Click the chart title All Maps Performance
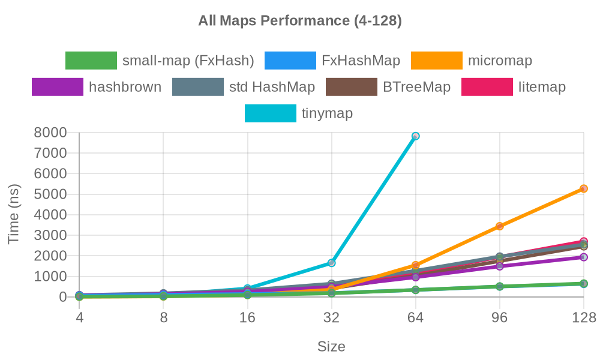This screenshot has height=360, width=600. click(x=300, y=21)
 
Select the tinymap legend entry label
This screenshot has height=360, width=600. click(x=327, y=113)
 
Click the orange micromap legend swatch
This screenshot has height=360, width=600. click(x=436, y=61)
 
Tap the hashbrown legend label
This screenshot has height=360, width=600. click(x=125, y=87)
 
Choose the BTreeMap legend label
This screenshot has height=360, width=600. click(x=416, y=87)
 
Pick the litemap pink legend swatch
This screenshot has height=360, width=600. click(x=487, y=87)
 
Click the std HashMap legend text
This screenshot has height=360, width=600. click(x=272, y=87)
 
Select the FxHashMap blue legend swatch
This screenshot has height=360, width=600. click(x=290, y=61)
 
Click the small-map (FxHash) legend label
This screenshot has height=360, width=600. click(x=188, y=61)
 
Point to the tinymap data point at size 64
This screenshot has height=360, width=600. click(x=415, y=136)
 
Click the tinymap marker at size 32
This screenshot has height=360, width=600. click(x=331, y=263)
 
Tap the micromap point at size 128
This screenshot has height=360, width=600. click(x=583, y=188)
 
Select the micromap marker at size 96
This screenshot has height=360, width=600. click(x=499, y=226)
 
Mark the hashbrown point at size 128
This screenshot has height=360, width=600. click(x=583, y=257)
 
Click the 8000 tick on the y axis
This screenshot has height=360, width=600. click(x=50, y=132)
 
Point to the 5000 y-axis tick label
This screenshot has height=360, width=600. click(x=50, y=194)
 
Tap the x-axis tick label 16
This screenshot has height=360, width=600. click(x=247, y=319)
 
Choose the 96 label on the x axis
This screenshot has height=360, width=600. click(x=499, y=319)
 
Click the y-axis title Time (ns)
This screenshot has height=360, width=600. click(x=14, y=214)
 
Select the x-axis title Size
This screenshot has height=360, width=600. click(x=331, y=347)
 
